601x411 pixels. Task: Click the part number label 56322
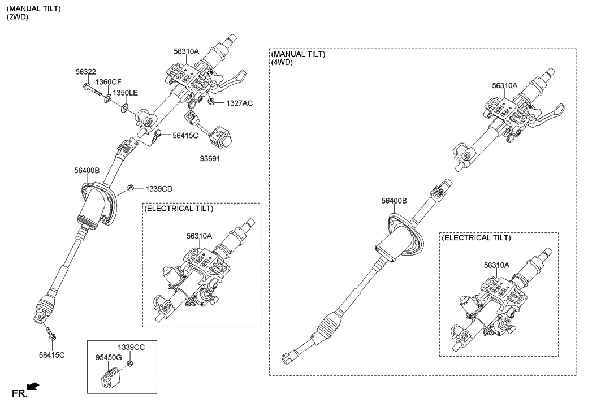pyautogui.click(x=85, y=72)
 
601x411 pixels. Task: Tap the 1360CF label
pyautogui.click(x=108, y=83)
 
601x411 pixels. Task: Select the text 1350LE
pyautogui.click(x=124, y=92)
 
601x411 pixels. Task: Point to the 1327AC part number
pyautogui.click(x=240, y=103)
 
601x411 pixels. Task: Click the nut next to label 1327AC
pyautogui.click(x=210, y=102)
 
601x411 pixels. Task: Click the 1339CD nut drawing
pyautogui.click(x=129, y=187)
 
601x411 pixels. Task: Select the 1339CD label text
pyautogui.click(x=159, y=188)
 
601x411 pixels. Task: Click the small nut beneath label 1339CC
pyautogui.click(x=129, y=362)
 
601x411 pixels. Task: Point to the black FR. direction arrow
pyautogui.click(x=34, y=386)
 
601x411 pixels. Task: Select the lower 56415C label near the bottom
pyautogui.click(x=51, y=354)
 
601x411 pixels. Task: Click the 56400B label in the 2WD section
pyautogui.click(x=87, y=170)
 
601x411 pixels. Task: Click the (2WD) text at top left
pyautogui.click(x=18, y=18)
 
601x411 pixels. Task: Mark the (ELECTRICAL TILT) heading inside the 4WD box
pyautogui.click(x=476, y=238)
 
